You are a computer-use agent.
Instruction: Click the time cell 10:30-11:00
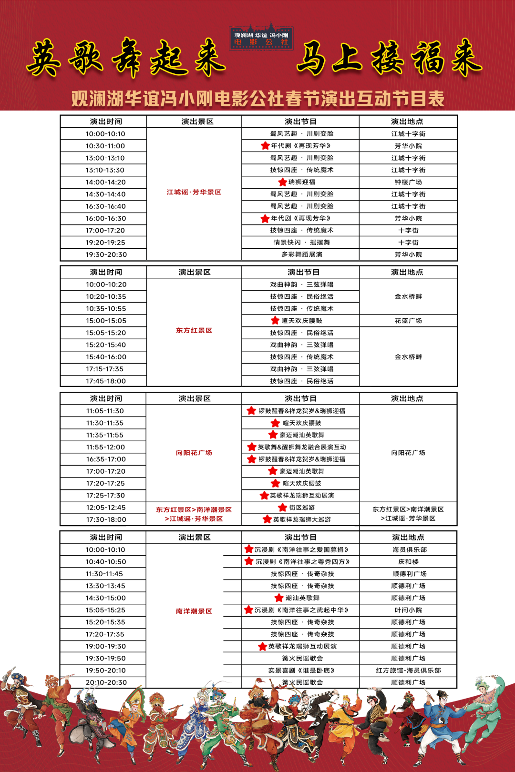(105, 146)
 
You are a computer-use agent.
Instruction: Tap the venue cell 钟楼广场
(408, 182)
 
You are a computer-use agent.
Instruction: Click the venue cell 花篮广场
(408, 321)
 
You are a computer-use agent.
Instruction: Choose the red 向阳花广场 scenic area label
(194, 453)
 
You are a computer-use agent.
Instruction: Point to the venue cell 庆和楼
(408, 562)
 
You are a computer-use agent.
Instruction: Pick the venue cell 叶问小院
(408, 610)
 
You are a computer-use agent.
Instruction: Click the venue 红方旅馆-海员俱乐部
(408, 670)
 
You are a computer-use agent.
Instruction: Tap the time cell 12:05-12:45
(106, 508)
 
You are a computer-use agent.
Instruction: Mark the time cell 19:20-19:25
(105, 243)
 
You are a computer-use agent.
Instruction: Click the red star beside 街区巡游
(282, 508)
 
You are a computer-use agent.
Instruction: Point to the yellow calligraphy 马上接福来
(389, 58)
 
